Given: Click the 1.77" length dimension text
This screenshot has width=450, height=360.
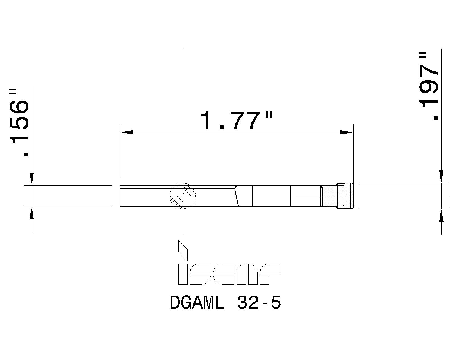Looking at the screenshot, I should tap(236, 121).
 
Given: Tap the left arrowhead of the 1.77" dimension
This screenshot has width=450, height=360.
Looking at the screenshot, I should tap(126, 132).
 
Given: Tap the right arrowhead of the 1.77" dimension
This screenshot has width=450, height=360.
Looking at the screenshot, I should tap(346, 132).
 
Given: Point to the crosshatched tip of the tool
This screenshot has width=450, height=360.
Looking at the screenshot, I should tap(337, 196).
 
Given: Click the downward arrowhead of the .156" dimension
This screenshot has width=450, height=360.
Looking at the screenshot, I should tap(32, 179).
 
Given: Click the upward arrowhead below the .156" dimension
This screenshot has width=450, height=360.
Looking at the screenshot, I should tap(32, 213).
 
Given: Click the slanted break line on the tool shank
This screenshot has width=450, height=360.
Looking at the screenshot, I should tap(237, 196).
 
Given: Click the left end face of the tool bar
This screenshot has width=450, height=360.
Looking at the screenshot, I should tap(120, 196).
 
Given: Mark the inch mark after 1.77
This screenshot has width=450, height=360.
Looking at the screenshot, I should tap(269, 115).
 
